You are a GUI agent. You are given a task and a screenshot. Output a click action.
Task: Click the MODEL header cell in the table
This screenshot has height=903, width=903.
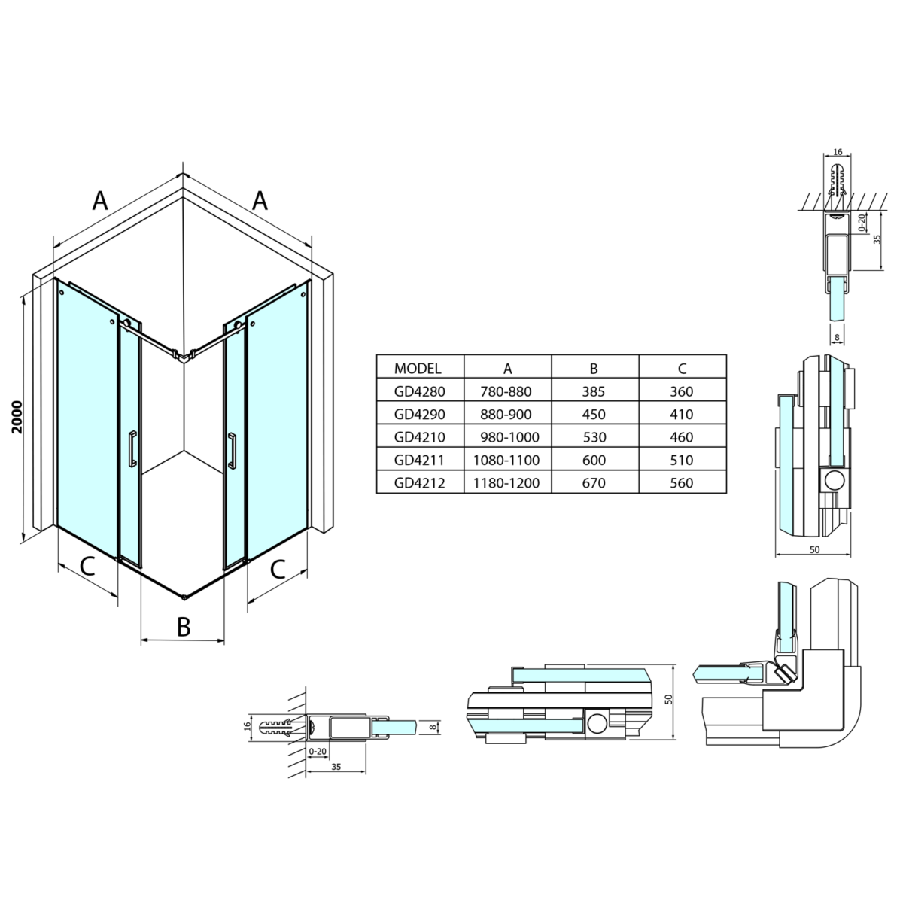[418, 368]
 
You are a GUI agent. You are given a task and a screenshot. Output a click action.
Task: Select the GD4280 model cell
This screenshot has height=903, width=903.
[419, 391]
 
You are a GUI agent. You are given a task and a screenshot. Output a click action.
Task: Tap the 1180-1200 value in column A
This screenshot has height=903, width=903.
[506, 482]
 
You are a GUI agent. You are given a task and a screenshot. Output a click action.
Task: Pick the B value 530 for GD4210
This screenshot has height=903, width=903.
[594, 437]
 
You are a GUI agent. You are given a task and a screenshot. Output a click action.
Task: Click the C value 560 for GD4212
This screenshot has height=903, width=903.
[681, 482]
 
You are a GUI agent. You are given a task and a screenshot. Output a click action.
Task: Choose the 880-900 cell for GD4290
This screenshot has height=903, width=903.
[506, 414]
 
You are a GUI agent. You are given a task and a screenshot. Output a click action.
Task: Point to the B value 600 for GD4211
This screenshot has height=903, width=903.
[594, 460]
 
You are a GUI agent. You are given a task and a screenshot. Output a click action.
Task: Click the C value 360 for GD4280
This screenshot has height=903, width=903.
[681, 391]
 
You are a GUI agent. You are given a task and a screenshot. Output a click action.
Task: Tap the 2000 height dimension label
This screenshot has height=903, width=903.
[17, 417]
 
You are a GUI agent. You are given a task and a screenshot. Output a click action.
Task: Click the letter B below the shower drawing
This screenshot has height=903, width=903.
[184, 627]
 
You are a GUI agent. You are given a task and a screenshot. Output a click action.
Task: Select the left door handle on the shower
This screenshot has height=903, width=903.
[132, 449]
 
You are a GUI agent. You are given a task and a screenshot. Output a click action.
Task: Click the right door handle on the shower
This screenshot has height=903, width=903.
[232, 451]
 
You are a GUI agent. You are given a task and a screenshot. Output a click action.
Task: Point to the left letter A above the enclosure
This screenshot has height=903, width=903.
[100, 201]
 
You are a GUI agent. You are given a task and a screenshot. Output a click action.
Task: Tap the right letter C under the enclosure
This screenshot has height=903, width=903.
[278, 570]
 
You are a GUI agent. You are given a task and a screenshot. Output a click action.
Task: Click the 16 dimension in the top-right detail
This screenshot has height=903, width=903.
[838, 152]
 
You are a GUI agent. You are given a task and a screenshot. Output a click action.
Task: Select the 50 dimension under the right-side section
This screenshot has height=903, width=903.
[814, 549]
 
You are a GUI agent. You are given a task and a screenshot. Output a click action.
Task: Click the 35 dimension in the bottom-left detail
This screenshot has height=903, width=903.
[336, 767]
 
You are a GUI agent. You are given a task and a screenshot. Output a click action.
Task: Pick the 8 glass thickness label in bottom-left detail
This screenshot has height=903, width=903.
[433, 727]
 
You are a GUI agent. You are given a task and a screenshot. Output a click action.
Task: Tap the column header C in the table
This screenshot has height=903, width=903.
[682, 368]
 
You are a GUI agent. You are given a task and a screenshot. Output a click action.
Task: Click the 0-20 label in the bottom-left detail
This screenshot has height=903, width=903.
[318, 752]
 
